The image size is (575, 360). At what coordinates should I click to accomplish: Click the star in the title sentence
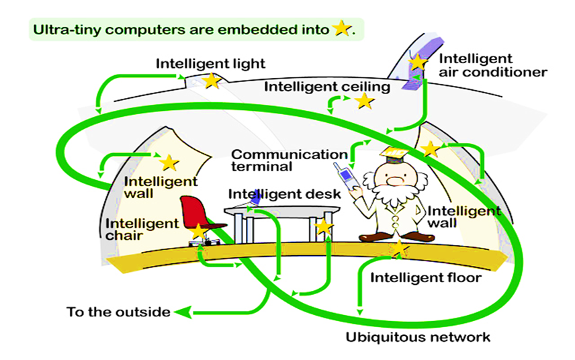(x=342, y=29)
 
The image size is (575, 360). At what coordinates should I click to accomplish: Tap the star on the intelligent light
(x=212, y=81)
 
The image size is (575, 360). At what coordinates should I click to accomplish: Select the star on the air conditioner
(x=418, y=62)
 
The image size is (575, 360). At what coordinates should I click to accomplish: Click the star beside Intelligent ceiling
(x=365, y=101)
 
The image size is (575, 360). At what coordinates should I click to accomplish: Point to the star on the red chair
(x=198, y=232)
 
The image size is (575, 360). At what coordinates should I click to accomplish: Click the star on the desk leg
(x=324, y=227)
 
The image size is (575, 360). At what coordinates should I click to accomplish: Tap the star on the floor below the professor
(x=400, y=249)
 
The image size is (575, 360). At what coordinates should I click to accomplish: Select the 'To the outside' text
(x=118, y=312)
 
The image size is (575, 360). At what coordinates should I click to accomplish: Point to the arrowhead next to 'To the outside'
(x=182, y=312)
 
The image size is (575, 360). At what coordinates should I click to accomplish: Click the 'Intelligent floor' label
(x=426, y=277)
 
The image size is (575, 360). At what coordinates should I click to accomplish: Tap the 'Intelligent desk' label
(x=285, y=194)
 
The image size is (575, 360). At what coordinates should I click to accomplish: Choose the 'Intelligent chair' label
(x=142, y=228)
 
